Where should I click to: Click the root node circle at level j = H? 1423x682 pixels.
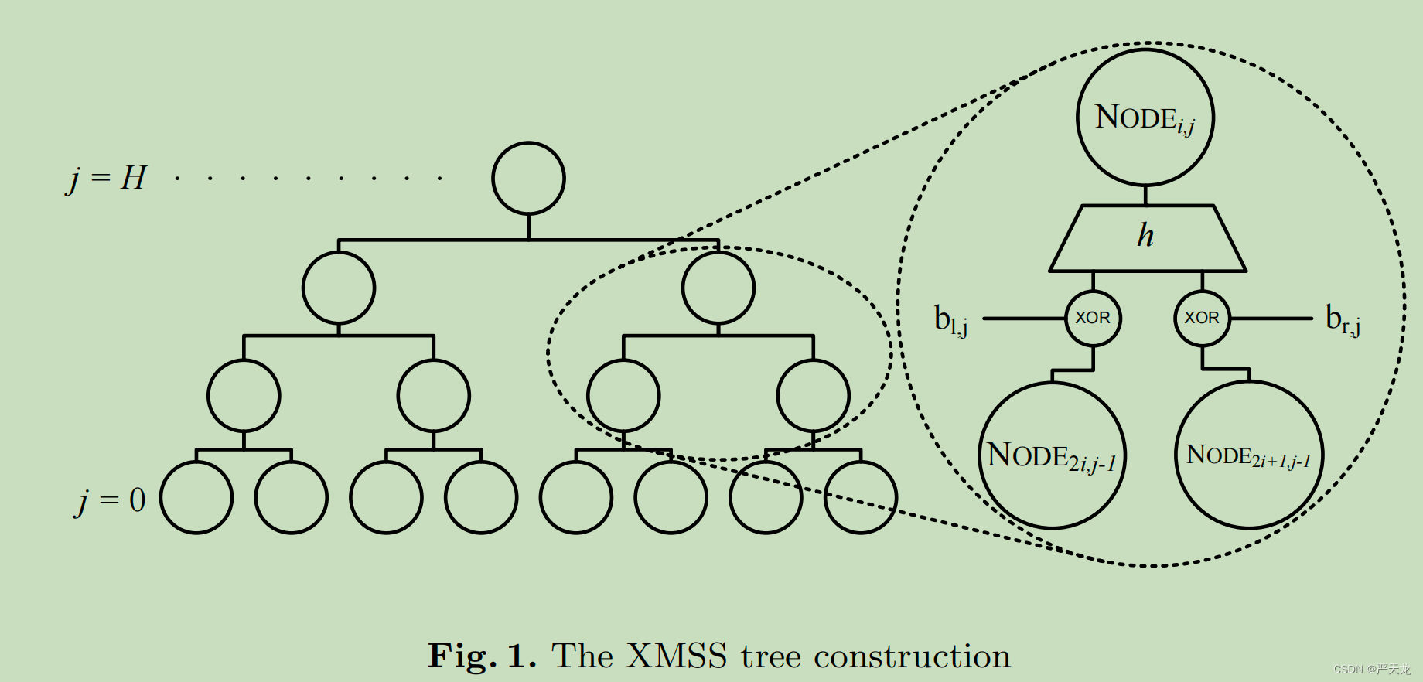pos(528,179)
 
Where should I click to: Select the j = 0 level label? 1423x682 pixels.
pos(111,501)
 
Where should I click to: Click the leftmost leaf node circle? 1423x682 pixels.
pos(196,498)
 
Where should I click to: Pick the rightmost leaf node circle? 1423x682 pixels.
pos(861,498)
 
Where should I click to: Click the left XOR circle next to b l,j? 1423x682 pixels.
pos(1093,318)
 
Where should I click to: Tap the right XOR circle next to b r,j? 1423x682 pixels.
pos(1202,318)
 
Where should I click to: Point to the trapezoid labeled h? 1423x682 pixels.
pos(1147,237)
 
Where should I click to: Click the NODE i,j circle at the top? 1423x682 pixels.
pos(1145,118)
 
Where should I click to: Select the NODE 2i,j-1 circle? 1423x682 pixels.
pos(1052,455)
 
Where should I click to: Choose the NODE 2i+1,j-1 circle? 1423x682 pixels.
pos(1248,455)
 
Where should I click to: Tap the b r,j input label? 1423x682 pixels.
pos(1343,319)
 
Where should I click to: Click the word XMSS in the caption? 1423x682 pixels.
pos(677,656)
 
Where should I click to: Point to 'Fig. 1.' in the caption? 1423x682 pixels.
pos(482,656)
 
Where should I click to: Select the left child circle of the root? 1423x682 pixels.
pos(339,288)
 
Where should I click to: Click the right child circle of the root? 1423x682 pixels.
pos(718,288)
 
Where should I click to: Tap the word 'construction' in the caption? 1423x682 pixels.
pos(913,656)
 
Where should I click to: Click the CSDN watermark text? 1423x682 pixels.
pos(1372,670)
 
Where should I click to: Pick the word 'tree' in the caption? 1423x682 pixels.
pos(770,656)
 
